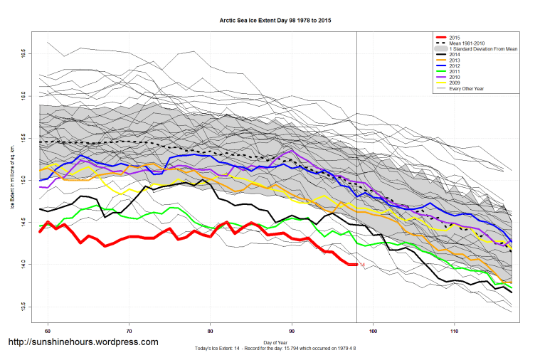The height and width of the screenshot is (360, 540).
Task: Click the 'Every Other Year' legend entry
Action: tap(470, 89)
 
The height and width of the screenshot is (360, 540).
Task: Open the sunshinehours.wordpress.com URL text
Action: tap(82, 342)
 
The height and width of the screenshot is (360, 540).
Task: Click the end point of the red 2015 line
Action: tap(356, 265)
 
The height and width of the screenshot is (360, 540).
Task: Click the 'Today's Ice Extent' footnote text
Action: tap(275, 349)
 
